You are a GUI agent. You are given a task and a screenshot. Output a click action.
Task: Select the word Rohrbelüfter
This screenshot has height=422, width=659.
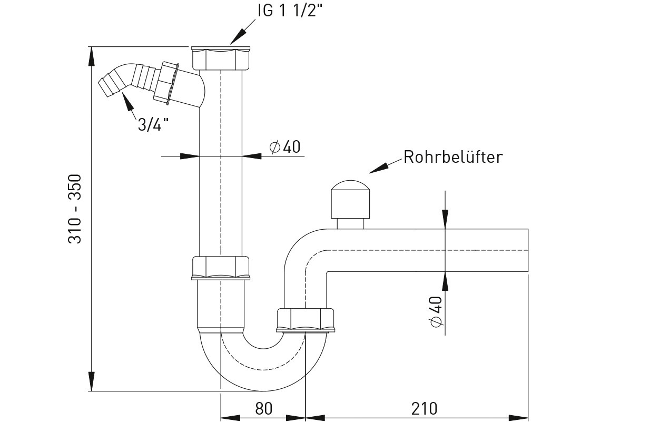453,157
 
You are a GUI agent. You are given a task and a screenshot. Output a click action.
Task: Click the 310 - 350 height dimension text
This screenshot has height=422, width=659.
75,209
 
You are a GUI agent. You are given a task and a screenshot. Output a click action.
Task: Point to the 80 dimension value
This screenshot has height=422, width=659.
263,408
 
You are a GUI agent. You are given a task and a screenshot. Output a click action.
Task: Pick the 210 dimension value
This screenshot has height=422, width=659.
425,408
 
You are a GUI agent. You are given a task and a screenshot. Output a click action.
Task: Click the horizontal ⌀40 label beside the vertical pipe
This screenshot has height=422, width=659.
285,146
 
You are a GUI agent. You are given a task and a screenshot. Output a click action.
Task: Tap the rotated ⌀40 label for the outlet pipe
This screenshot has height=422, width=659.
436,311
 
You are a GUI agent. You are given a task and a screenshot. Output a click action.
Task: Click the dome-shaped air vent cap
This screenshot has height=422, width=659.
350,197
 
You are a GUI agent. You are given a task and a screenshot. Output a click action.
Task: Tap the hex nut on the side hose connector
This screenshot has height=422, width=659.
166,82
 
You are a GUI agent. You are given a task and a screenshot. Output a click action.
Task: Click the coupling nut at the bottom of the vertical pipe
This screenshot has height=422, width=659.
220,268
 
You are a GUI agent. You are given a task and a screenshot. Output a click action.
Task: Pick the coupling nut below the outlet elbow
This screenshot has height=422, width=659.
306,319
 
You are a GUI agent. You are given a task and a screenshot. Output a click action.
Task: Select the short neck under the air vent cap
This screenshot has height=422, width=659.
350,223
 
